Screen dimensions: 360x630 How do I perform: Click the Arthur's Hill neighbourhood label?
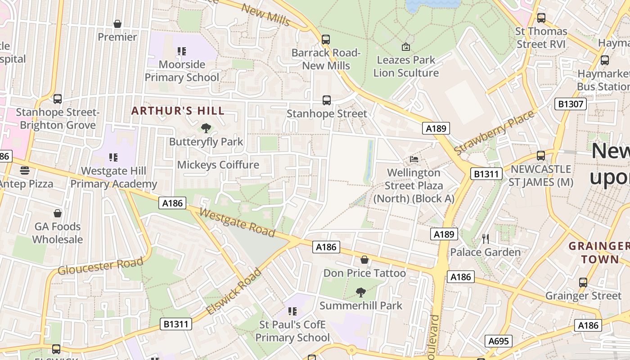coord(178,111)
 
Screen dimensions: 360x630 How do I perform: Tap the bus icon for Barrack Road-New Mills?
coord(326,40)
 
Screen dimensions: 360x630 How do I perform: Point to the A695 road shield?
coord(499,341)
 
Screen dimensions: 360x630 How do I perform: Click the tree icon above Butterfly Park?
coord(206,128)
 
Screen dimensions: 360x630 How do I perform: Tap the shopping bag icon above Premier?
coord(117,24)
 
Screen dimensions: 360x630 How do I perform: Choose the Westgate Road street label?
coord(237,222)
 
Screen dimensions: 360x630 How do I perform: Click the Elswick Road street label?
coord(234,292)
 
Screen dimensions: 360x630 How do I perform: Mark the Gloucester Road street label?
coord(100,265)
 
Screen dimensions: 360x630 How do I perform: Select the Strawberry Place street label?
coord(494,132)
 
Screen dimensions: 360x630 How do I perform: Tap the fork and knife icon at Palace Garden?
coord(485,238)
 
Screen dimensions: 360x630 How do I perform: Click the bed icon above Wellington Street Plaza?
coord(414,159)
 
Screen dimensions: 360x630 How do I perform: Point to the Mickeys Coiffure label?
coord(218,165)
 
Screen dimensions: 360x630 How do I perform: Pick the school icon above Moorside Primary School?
coord(181,51)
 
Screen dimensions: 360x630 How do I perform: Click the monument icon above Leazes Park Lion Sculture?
coord(405,46)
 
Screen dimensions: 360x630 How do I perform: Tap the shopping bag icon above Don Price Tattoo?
coord(364,260)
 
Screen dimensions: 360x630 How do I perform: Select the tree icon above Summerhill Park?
coord(360,292)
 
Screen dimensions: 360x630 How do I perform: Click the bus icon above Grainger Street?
coord(583,283)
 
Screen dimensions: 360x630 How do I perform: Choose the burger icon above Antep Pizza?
coord(25,171)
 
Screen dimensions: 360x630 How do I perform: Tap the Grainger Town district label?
coord(598,252)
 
